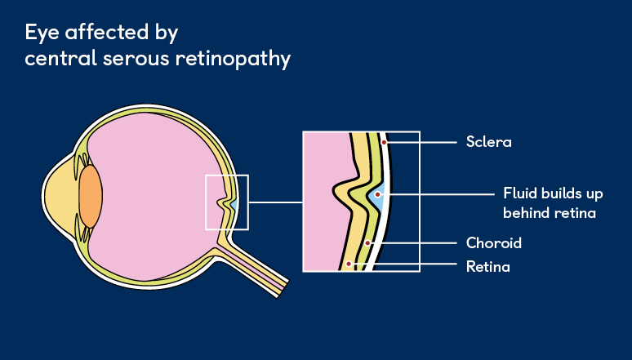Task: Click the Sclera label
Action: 488,142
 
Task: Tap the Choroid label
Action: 493,243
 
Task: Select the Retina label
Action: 487,266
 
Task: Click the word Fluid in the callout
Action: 520,195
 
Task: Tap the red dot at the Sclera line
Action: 384,142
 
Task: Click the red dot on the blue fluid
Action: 378,195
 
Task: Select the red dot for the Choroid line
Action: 369,243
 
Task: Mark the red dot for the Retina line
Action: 349,264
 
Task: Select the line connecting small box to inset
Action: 275,202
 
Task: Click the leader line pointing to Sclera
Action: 421,142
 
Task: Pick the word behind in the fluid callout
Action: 524,213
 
